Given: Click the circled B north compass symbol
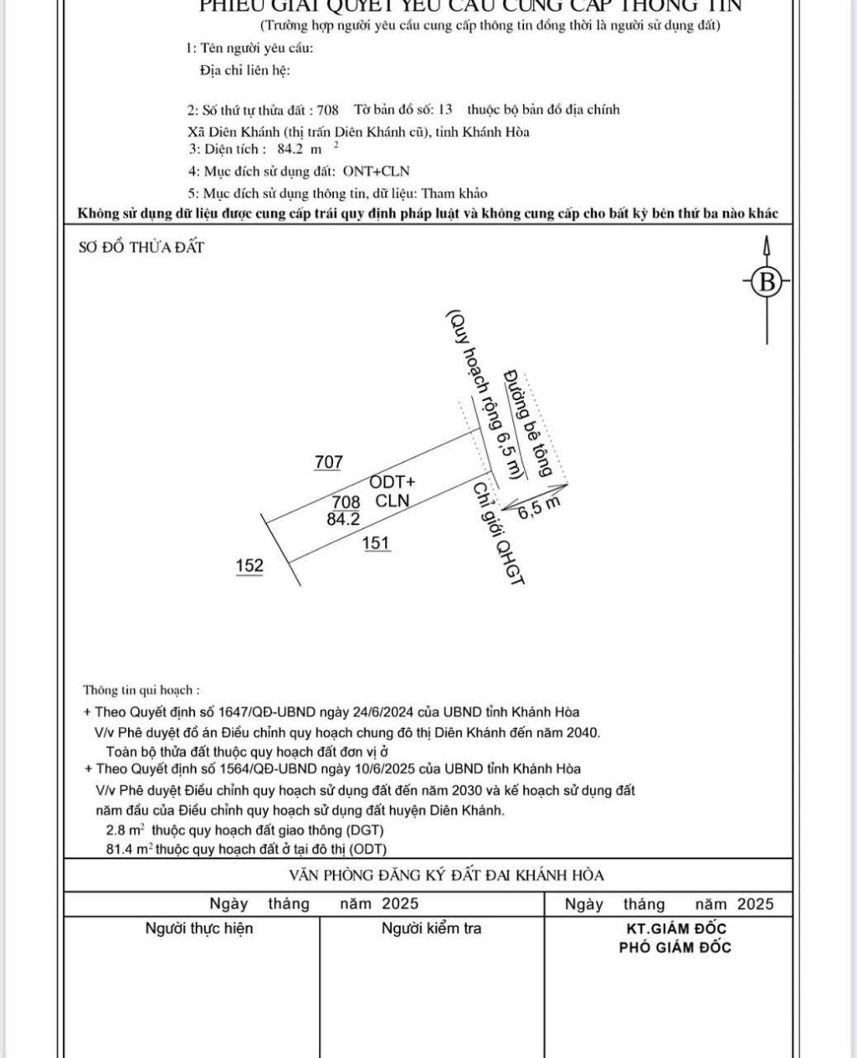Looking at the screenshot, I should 766,282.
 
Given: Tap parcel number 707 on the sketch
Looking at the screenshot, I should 328,461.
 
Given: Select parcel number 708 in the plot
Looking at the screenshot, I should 346,501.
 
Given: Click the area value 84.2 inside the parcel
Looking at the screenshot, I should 343,518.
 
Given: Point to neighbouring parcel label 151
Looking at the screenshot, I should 376,542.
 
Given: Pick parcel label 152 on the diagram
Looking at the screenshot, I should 249,565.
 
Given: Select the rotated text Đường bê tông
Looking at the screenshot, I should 528,423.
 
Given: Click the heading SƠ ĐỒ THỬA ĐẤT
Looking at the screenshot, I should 141,247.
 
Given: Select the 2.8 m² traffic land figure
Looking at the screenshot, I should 126,830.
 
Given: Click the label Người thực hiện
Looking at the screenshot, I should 199,927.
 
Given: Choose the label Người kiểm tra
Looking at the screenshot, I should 431,927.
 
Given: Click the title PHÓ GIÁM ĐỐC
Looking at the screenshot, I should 675,948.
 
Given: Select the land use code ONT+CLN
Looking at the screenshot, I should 376,171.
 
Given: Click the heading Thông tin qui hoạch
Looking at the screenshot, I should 141,691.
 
